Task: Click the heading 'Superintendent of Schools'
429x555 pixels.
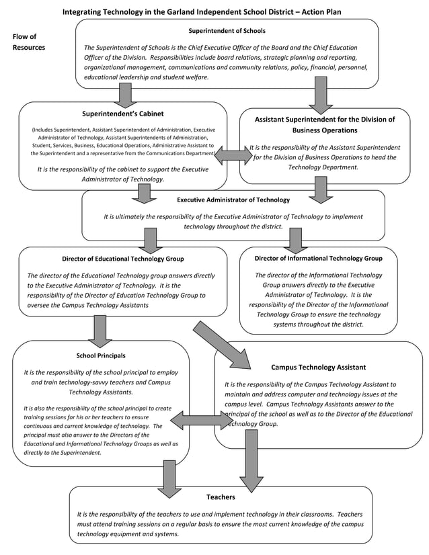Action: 227,31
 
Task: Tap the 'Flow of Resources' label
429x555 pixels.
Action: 28,42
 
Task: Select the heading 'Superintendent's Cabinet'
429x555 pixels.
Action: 122,114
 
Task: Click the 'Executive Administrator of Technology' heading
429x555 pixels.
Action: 233,200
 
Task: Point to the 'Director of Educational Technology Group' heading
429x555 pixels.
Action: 122,259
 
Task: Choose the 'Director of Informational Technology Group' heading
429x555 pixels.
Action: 318,258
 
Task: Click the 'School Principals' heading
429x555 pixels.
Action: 101,355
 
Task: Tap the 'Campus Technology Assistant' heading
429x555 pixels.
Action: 318,368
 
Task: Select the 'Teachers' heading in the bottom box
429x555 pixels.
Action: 221,497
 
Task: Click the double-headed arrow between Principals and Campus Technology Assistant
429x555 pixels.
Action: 201,421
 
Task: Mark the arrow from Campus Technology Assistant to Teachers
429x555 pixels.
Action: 251,460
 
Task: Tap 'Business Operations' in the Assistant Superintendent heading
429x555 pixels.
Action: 325,130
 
